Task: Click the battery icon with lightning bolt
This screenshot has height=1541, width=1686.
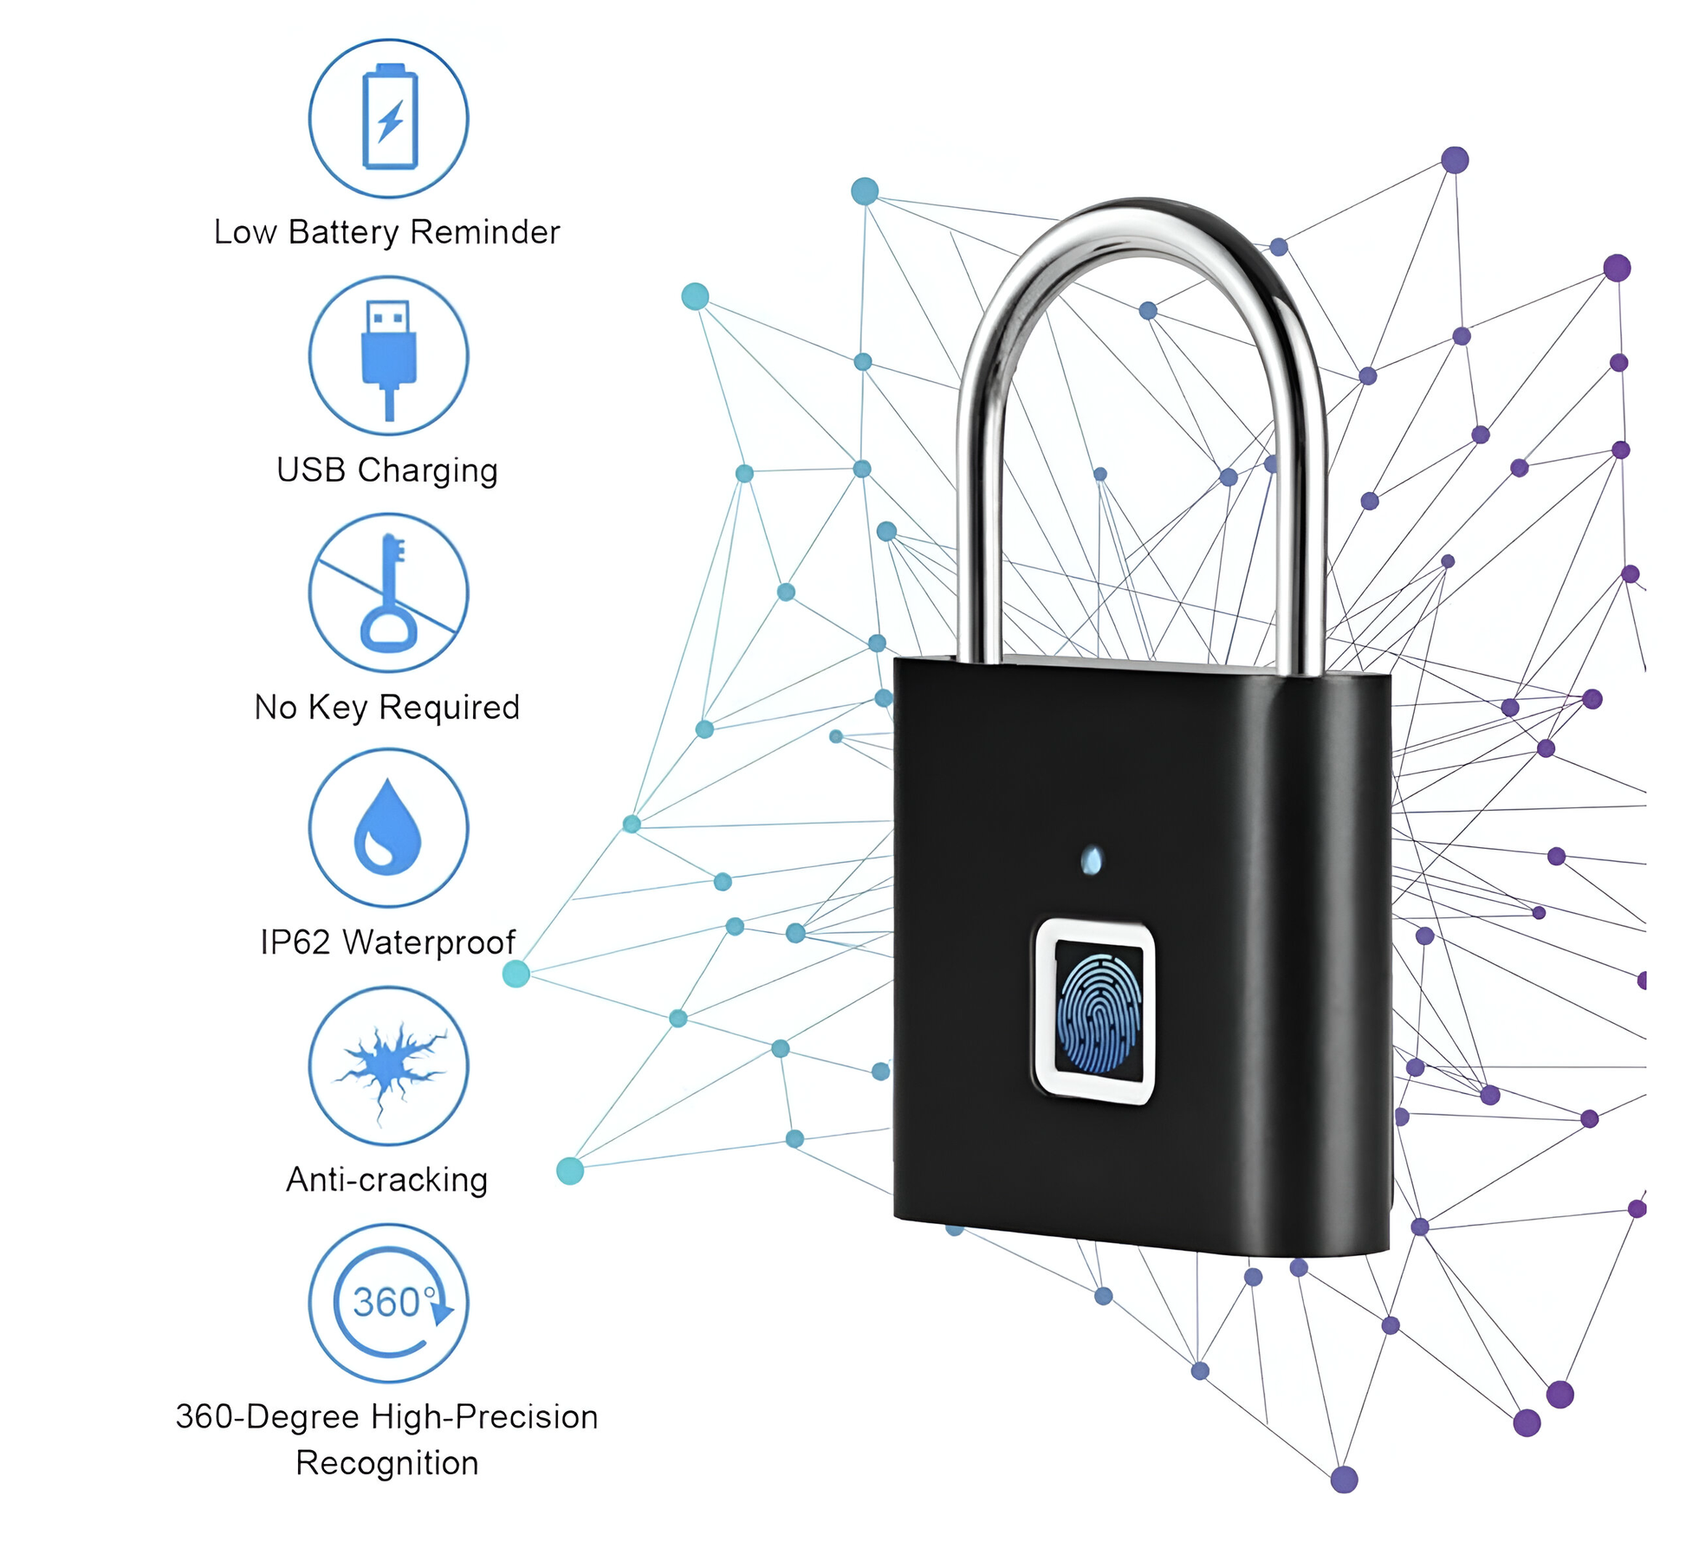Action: [x=389, y=118]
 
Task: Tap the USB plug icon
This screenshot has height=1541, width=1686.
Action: [x=389, y=356]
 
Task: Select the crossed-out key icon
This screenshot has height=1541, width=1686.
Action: [x=389, y=592]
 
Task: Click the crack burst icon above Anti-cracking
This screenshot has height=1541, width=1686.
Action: [x=389, y=1066]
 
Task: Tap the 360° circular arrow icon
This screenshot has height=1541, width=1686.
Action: [x=389, y=1302]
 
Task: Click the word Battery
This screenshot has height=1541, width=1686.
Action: [x=343, y=232]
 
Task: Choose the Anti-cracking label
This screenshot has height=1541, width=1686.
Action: [x=387, y=1180]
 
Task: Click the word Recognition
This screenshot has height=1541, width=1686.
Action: [x=387, y=1463]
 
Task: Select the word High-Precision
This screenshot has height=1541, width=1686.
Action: [x=484, y=1417]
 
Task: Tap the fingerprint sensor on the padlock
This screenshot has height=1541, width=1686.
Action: [x=1095, y=1012]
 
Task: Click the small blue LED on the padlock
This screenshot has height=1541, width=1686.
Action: [x=1093, y=860]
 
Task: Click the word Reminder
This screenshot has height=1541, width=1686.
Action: [x=485, y=232]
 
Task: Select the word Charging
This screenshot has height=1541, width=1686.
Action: [x=428, y=470]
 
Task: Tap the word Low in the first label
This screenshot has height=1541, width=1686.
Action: [x=245, y=232]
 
